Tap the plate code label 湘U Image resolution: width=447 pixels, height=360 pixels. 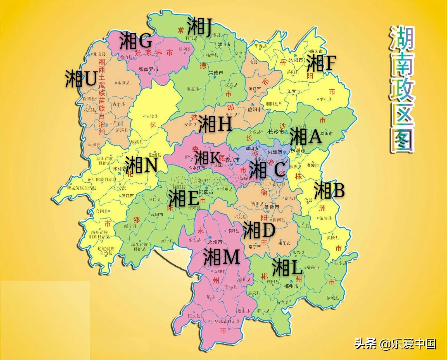tap(81, 78)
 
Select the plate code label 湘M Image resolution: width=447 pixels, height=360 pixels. tap(221, 257)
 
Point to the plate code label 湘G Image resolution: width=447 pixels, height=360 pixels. tap(136, 41)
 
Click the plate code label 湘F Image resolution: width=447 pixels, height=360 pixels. tap(321, 63)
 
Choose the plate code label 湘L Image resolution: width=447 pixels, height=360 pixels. tap(287, 267)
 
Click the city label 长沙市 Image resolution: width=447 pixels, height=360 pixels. tap(276, 132)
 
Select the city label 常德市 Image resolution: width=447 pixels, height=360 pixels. tap(216, 73)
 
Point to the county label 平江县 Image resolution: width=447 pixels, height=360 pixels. tap(325, 99)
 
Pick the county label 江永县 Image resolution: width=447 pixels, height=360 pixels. tap(194, 316)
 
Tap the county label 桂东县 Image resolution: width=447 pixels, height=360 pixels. tap(340, 263)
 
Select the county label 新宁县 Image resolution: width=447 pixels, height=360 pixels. tap(167, 241)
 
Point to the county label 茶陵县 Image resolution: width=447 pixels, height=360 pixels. tap(325, 218)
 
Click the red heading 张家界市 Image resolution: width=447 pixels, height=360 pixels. tap(154, 53)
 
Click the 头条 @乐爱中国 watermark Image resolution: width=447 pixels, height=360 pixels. tap(395, 343)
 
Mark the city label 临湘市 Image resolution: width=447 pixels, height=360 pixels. tap(317, 51)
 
